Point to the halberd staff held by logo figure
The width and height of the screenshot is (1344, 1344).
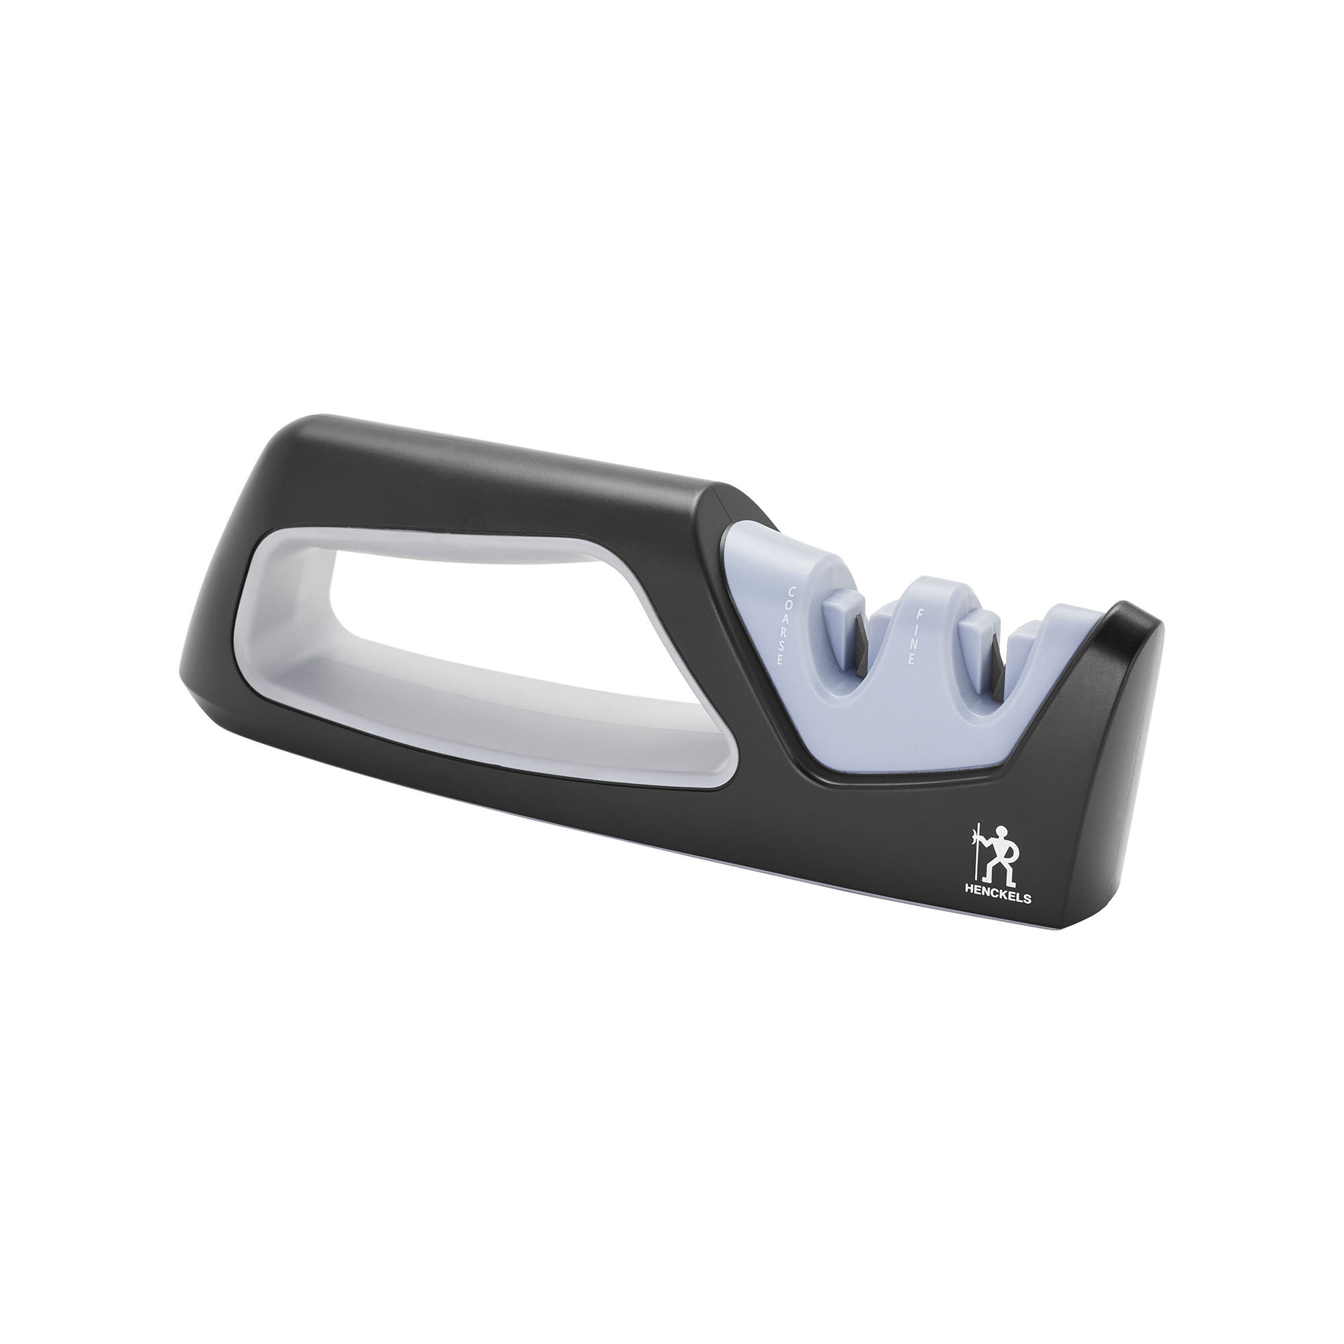tap(979, 855)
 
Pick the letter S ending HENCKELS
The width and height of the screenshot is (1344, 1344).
tap(1027, 898)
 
